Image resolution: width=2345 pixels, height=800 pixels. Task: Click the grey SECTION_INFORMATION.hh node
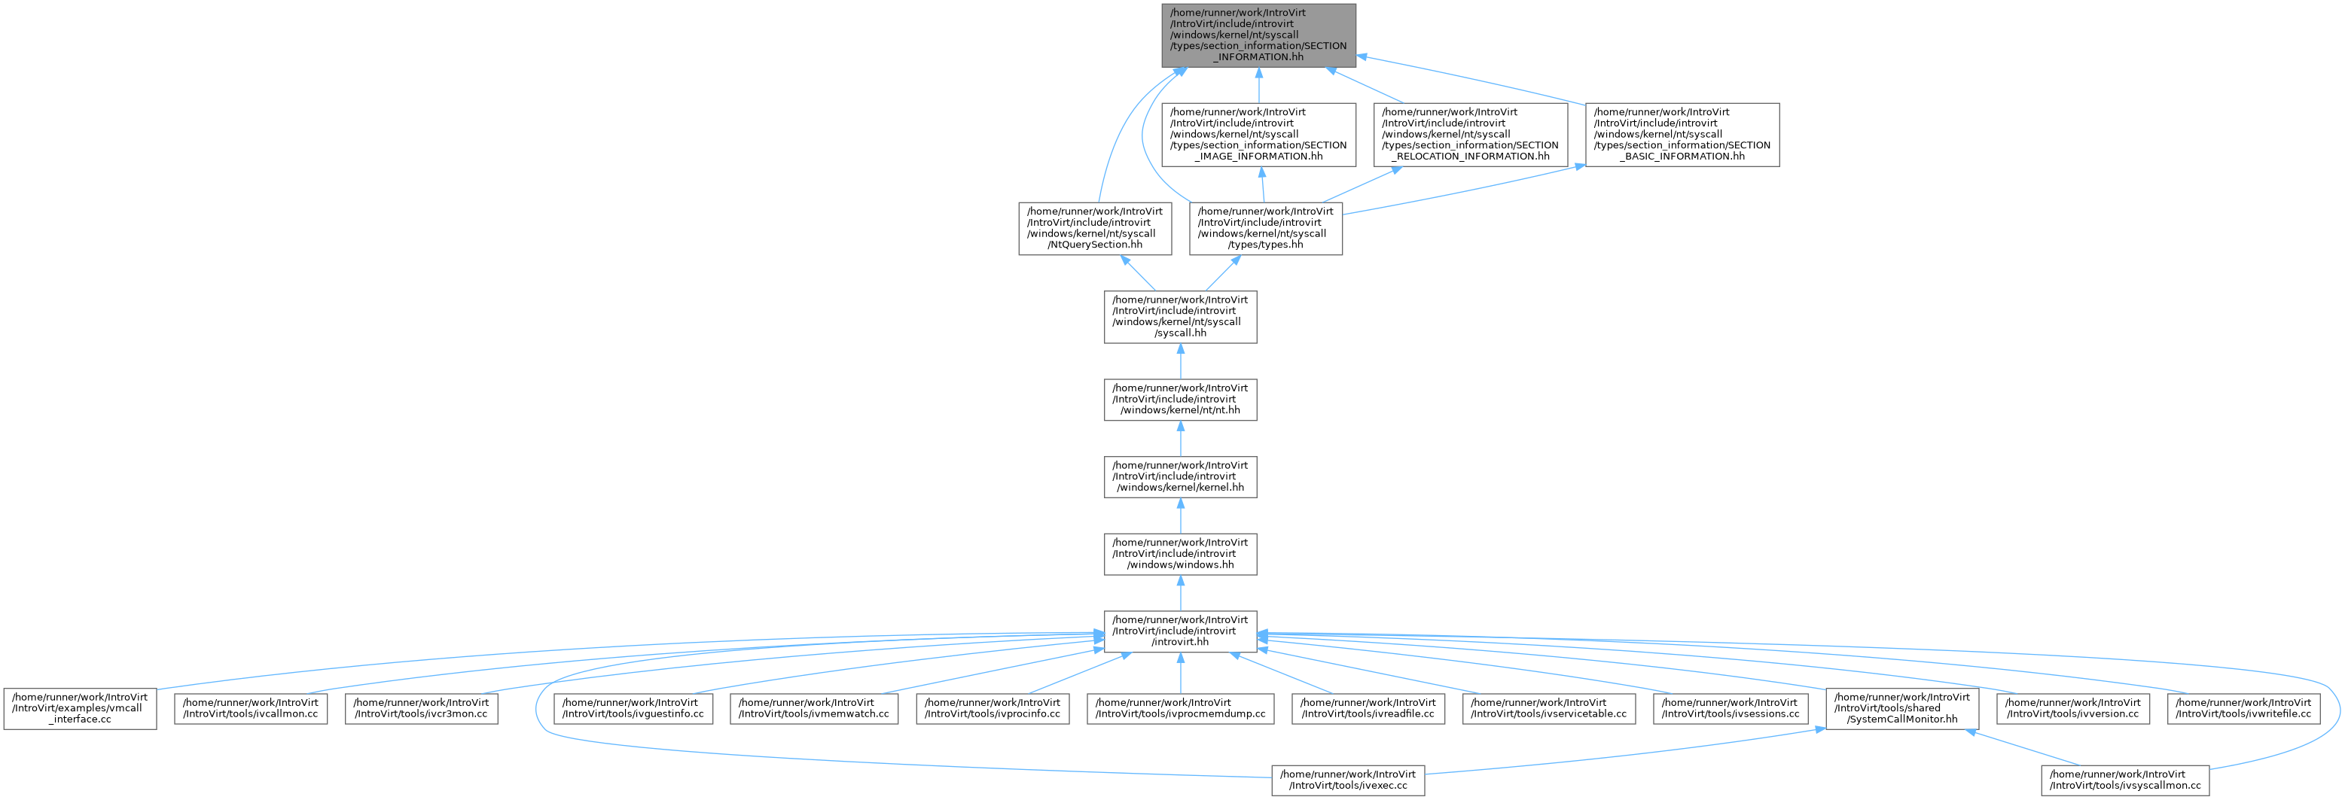point(1258,35)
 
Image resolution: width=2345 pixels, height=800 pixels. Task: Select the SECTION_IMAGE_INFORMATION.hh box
point(1258,135)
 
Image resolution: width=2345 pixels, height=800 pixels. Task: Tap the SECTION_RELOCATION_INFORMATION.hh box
point(1470,135)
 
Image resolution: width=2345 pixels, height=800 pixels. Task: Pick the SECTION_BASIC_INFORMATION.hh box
point(1682,135)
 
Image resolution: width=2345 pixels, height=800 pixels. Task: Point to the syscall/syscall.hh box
point(1181,317)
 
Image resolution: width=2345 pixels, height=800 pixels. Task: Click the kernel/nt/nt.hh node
point(1181,400)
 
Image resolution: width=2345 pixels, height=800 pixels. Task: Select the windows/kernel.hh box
point(1181,477)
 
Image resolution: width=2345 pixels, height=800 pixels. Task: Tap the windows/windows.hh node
point(1181,554)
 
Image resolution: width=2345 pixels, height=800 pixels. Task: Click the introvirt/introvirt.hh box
point(1181,631)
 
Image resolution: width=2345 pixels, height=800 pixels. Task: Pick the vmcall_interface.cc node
point(80,708)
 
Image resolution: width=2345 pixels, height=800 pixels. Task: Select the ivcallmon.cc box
point(250,708)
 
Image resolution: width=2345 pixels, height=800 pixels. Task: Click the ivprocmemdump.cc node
point(1181,708)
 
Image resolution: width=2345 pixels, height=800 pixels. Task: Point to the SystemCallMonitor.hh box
point(1901,708)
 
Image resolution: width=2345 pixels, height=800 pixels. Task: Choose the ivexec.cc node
point(1348,780)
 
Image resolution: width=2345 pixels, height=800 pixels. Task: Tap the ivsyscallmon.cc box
point(2124,780)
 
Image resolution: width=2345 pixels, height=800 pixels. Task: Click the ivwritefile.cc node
point(2243,708)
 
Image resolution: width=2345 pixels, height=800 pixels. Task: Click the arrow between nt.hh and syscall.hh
point(1181,361)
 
